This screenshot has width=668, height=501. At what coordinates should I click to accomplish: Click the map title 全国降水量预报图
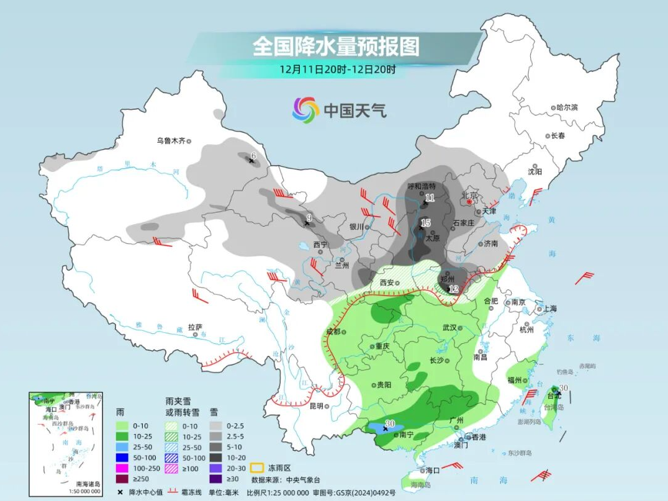pos(336,46)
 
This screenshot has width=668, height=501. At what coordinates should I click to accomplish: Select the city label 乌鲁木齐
pos(171,141)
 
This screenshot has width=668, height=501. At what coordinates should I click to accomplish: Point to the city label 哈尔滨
pos(567,107)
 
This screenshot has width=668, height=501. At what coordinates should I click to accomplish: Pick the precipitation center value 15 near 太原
pos(425,223)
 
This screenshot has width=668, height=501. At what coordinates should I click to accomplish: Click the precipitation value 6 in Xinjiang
pos(253,155)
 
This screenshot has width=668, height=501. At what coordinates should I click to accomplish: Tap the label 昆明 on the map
pos(316,406)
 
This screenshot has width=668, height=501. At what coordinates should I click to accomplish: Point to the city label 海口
pos(433,471)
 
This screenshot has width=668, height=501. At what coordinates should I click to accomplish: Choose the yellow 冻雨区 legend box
pos(259,467)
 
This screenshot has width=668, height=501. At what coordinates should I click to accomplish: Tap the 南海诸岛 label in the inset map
pos(88,484)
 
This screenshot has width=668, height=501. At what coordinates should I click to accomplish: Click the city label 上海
pos(549,309)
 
